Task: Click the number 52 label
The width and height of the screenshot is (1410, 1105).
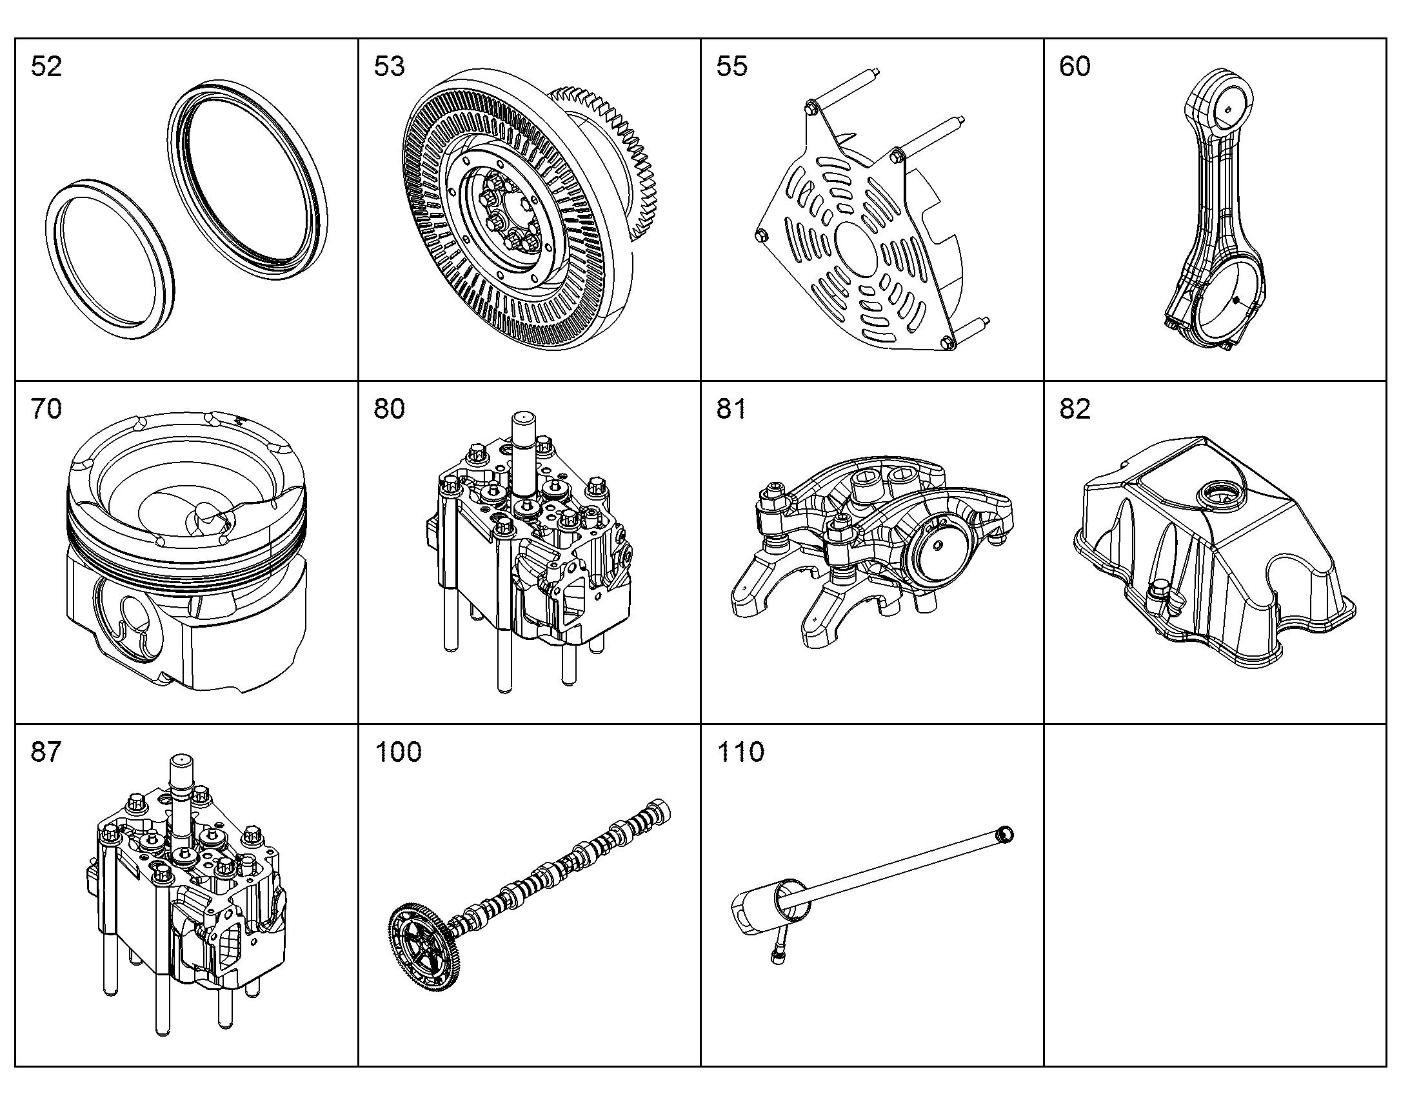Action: click(x=46, y=66)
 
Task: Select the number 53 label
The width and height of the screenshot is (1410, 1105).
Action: click(x=390, y=66)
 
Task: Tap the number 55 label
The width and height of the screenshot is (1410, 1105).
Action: click(x=732, y=66)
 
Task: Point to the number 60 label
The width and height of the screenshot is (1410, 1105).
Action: click(x=1075, y=66)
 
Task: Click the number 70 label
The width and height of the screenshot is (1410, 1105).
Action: click(x=46, y=409)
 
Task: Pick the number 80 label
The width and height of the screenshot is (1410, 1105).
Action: click(x=390, y=409)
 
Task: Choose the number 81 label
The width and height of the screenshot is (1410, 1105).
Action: click(x=731, y=409)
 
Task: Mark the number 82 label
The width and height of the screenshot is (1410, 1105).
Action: click(x=1075, y=409)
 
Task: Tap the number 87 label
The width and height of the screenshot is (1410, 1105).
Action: click(x=46, y=752)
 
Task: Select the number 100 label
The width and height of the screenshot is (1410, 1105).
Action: click(x=399, y=752)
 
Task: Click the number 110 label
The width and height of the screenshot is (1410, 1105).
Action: click(x=741, y=752)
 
